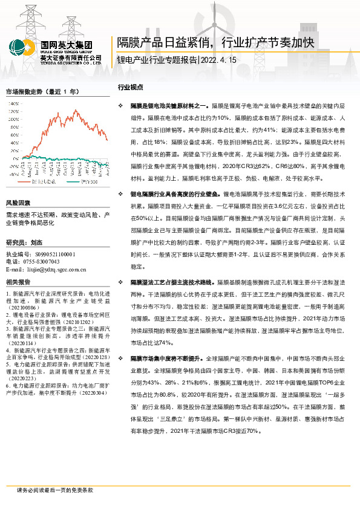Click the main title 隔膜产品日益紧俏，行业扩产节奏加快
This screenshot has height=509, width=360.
click(214, 42)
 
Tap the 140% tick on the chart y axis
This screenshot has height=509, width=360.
click(13, 103)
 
